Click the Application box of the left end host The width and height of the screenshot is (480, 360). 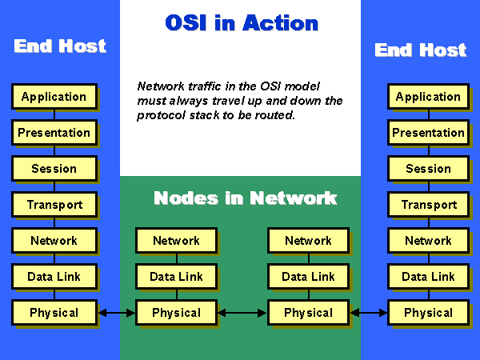coord(54,97)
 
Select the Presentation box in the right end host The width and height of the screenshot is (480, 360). coord(428,133)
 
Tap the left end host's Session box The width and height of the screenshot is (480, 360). coord(54,169)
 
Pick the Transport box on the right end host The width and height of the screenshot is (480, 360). coord(428,205)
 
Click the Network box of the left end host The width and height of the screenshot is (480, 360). coord(54,241)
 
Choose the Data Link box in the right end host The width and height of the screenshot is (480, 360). coord(428,277)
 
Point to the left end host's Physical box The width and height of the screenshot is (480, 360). coord(54,313)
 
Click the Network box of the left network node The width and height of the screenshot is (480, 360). coord(176,241)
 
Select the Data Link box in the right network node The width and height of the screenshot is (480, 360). coord(308,277)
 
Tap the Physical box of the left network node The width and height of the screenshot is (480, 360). coord(176,313)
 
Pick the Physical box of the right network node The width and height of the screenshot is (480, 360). coord(308,313)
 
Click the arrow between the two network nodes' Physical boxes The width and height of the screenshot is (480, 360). coord(242,313)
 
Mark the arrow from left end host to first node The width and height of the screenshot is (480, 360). coord(116,313)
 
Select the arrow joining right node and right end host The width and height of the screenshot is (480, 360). coord(368,313)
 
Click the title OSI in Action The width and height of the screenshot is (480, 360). coord(241,23)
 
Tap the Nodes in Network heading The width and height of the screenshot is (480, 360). coord(245,198)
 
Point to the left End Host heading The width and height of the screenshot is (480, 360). coord(60,46)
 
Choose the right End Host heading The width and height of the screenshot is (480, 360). coord(420,50)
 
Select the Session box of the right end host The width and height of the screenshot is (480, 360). coord(428,169)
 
